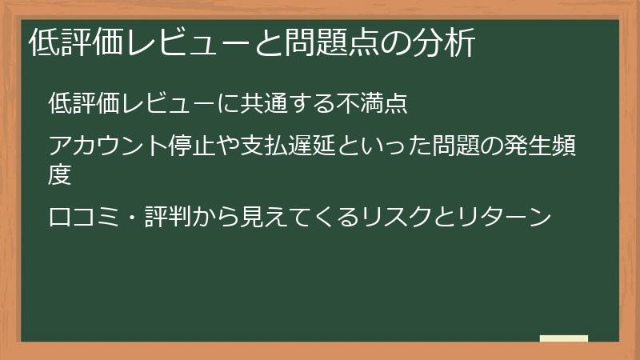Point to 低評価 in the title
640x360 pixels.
(72, 43)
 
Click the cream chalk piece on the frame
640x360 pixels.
(564, 339)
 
